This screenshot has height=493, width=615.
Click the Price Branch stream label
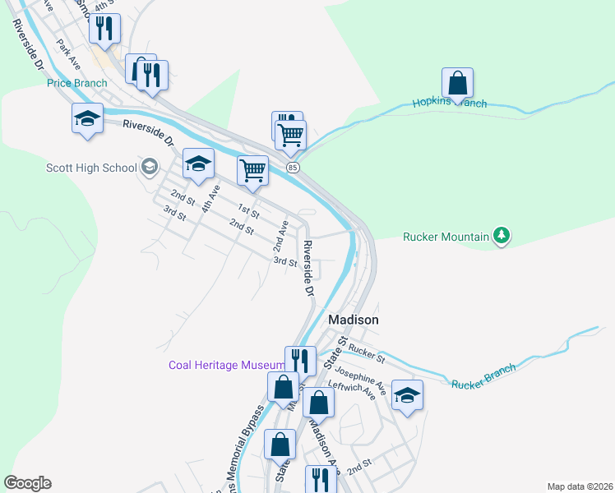pos(77,83)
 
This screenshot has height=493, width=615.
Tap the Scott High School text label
pos(91,168)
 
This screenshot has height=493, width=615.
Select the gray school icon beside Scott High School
pos(149,168)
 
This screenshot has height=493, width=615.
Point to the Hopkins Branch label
pos(449,104)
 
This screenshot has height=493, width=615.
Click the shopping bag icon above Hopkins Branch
pos(457,83)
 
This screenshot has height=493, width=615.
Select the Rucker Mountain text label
pos(446,237)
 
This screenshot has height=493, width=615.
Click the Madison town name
pos(354,320)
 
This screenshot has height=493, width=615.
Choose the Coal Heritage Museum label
pos(226,365)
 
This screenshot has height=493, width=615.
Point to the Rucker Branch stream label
pos(484,377)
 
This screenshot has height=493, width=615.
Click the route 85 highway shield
pos(293,168)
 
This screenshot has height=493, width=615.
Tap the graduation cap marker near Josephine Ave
pos(407,395)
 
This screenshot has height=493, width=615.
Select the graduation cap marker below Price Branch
pos(87,118)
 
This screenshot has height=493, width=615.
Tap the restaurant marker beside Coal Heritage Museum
pos(300,361)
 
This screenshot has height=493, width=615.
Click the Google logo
pos(27,483)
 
